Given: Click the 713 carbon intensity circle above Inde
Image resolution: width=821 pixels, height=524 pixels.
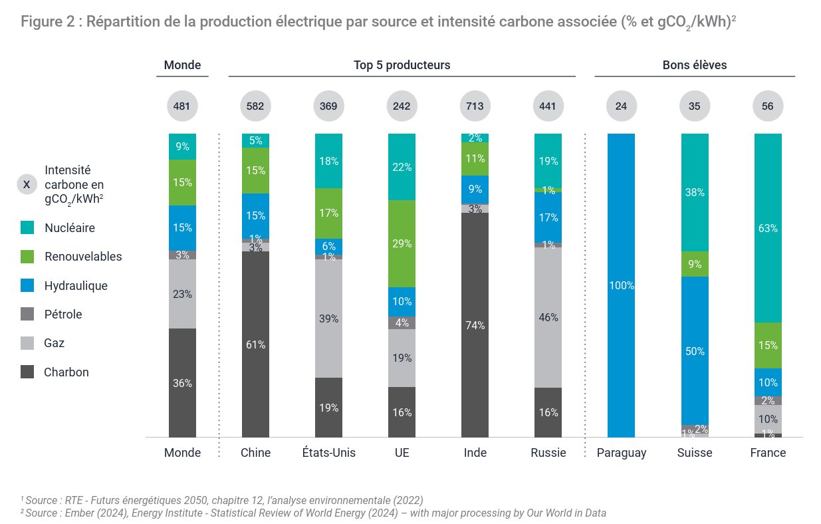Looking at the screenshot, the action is point(475,106).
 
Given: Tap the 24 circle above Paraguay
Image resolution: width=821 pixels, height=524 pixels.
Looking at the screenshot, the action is point(622,106).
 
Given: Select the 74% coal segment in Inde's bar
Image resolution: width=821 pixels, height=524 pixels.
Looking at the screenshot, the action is point(475,325).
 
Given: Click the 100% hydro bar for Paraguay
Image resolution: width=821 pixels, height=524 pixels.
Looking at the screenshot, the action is point(622,285).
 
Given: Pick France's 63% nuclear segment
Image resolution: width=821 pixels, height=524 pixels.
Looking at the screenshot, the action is point(768,228).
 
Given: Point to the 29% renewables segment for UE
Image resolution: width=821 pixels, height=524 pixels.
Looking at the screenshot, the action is point(402,243).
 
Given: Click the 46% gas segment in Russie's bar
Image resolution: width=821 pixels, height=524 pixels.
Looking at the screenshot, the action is point(548,317).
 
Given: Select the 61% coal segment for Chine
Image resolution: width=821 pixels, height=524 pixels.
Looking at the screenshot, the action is point(255,344).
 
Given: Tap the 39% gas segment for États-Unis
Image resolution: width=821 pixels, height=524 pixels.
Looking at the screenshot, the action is point(329,319).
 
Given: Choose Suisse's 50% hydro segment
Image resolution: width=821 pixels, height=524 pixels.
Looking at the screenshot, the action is point(695,351).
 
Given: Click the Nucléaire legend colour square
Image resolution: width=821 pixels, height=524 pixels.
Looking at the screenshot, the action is point(27,227).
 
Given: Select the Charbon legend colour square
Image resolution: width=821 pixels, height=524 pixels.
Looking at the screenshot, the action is point(27,372).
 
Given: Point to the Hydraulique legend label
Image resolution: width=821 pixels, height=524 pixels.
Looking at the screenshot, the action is point(76,286).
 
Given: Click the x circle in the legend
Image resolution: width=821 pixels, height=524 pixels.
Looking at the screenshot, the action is point(27,184).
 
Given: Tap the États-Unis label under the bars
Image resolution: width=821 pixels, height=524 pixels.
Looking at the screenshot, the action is point(329,452).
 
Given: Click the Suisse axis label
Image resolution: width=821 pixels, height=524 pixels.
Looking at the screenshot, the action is point(695,453).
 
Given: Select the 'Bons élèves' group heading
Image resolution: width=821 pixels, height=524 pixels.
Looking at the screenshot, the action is point(695,65).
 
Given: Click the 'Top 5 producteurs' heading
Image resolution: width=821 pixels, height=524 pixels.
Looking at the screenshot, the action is point(402,65).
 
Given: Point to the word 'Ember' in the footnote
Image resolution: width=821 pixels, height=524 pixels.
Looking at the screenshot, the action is point(80,513).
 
